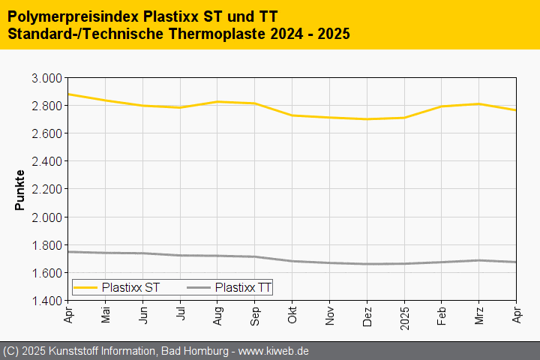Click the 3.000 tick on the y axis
(x=46, y=78)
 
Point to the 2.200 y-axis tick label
(x=46, y=190)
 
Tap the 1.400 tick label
(x=46, y=301)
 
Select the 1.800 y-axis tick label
(x=46, y=245)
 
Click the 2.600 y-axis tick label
(x=46, y=133)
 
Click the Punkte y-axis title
(x=20, y=190)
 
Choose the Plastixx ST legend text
(x=130, y=286)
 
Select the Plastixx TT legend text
(x=243, y=286)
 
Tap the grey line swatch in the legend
(x=198, y=286)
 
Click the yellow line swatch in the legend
(x=85, y=286)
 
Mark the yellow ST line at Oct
(x=292, y=115)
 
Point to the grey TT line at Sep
(x=255, y=256)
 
